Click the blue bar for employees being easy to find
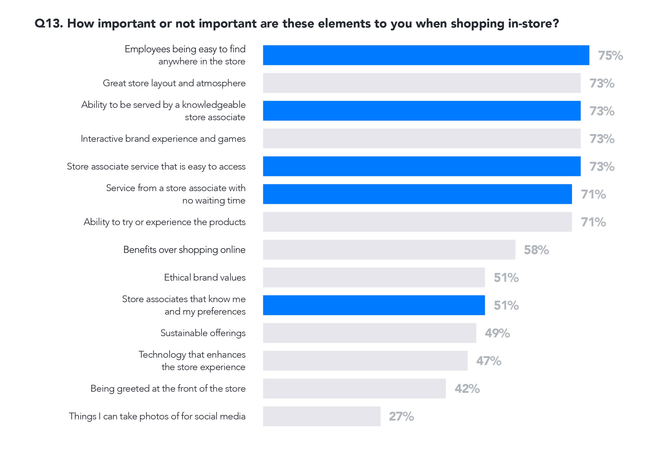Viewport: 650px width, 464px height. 426,55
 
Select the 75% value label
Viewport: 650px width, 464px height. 610,56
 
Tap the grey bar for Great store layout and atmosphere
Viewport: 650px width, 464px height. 422,83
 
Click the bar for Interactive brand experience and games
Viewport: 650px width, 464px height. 422,139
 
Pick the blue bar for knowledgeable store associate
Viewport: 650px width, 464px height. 422,111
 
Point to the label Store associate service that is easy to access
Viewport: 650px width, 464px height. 156,167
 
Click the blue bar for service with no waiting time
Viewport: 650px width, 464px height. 417,194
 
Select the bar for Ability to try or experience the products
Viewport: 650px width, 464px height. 417,222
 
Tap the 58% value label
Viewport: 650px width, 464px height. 536,250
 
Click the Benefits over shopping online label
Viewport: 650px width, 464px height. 184,250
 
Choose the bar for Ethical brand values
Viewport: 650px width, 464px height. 374,277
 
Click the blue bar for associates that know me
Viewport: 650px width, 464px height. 374,305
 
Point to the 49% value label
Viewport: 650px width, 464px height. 497,333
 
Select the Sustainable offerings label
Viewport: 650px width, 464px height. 203,333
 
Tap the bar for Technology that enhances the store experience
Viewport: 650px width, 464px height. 365,361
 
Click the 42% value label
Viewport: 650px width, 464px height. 467,389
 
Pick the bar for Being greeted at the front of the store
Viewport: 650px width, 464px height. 354,388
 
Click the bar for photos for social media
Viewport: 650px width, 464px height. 322,416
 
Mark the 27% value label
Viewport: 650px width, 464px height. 401,416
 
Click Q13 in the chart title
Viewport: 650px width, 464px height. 48,24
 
